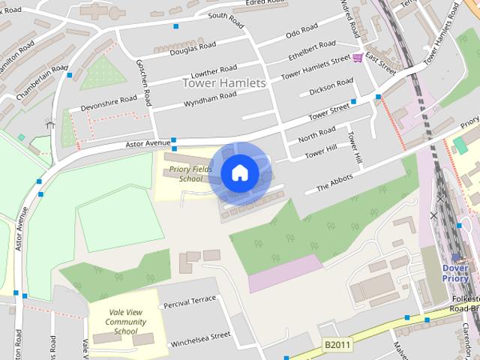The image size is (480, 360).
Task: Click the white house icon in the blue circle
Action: pyautogui.click(x=239, y=172)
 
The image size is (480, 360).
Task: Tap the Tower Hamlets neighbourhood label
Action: pyautogui.click(x=224, y=83)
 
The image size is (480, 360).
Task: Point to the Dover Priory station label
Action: pyautogui.click(x=454, y=274)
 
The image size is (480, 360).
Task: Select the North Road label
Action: pyautogui.click(x=316, y=134)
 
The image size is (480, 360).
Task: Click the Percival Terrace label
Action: pyautogui.click(x=190, y=301)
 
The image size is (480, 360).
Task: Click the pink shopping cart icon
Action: pyautogui.click(x=358, y=58)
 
